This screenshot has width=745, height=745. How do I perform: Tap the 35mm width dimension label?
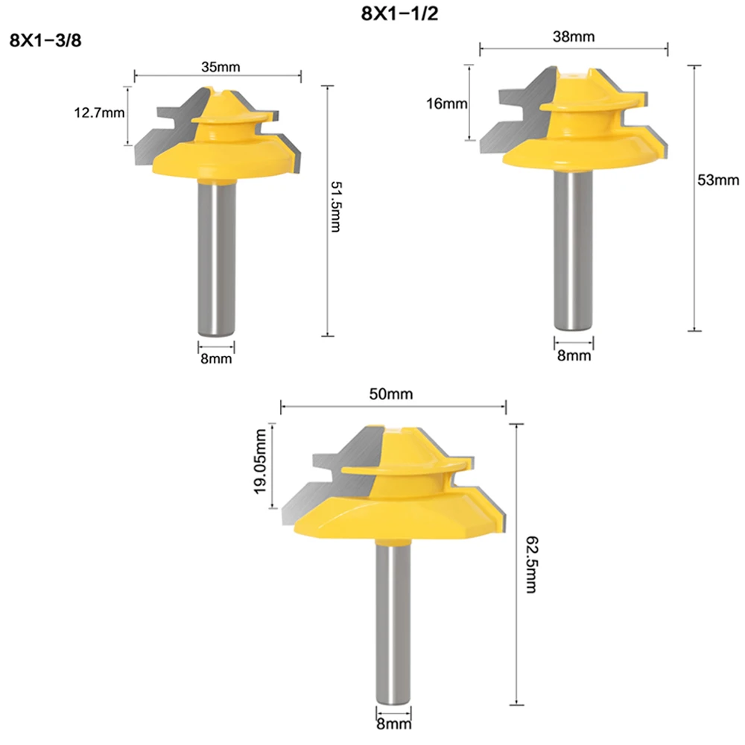[220, 66]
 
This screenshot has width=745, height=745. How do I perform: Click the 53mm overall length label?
[718, 180]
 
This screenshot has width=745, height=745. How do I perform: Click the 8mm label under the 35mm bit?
[216, 359]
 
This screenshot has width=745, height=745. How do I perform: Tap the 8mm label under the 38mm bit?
[573, 356]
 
